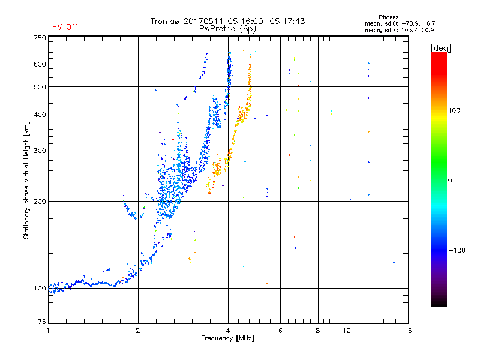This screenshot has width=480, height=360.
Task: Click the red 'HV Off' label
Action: click(65, 27)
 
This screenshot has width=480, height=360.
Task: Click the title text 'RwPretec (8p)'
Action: click(228, 28)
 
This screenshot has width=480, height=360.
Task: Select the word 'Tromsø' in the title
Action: click(166, 21)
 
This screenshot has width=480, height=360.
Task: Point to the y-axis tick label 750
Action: click(40, 38)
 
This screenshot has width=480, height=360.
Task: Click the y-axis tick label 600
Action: click(40, 64)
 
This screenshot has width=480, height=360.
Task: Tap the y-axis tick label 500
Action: click(40, 87)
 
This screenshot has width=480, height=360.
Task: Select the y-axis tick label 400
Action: click(40, 115)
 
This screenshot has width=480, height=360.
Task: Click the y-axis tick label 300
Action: click(40, 151)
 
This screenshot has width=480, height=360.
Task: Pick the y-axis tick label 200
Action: click(40, 201)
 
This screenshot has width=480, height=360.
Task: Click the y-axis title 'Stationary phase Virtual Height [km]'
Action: click(26, 180)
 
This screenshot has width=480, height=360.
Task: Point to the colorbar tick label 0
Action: click(451, 180)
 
